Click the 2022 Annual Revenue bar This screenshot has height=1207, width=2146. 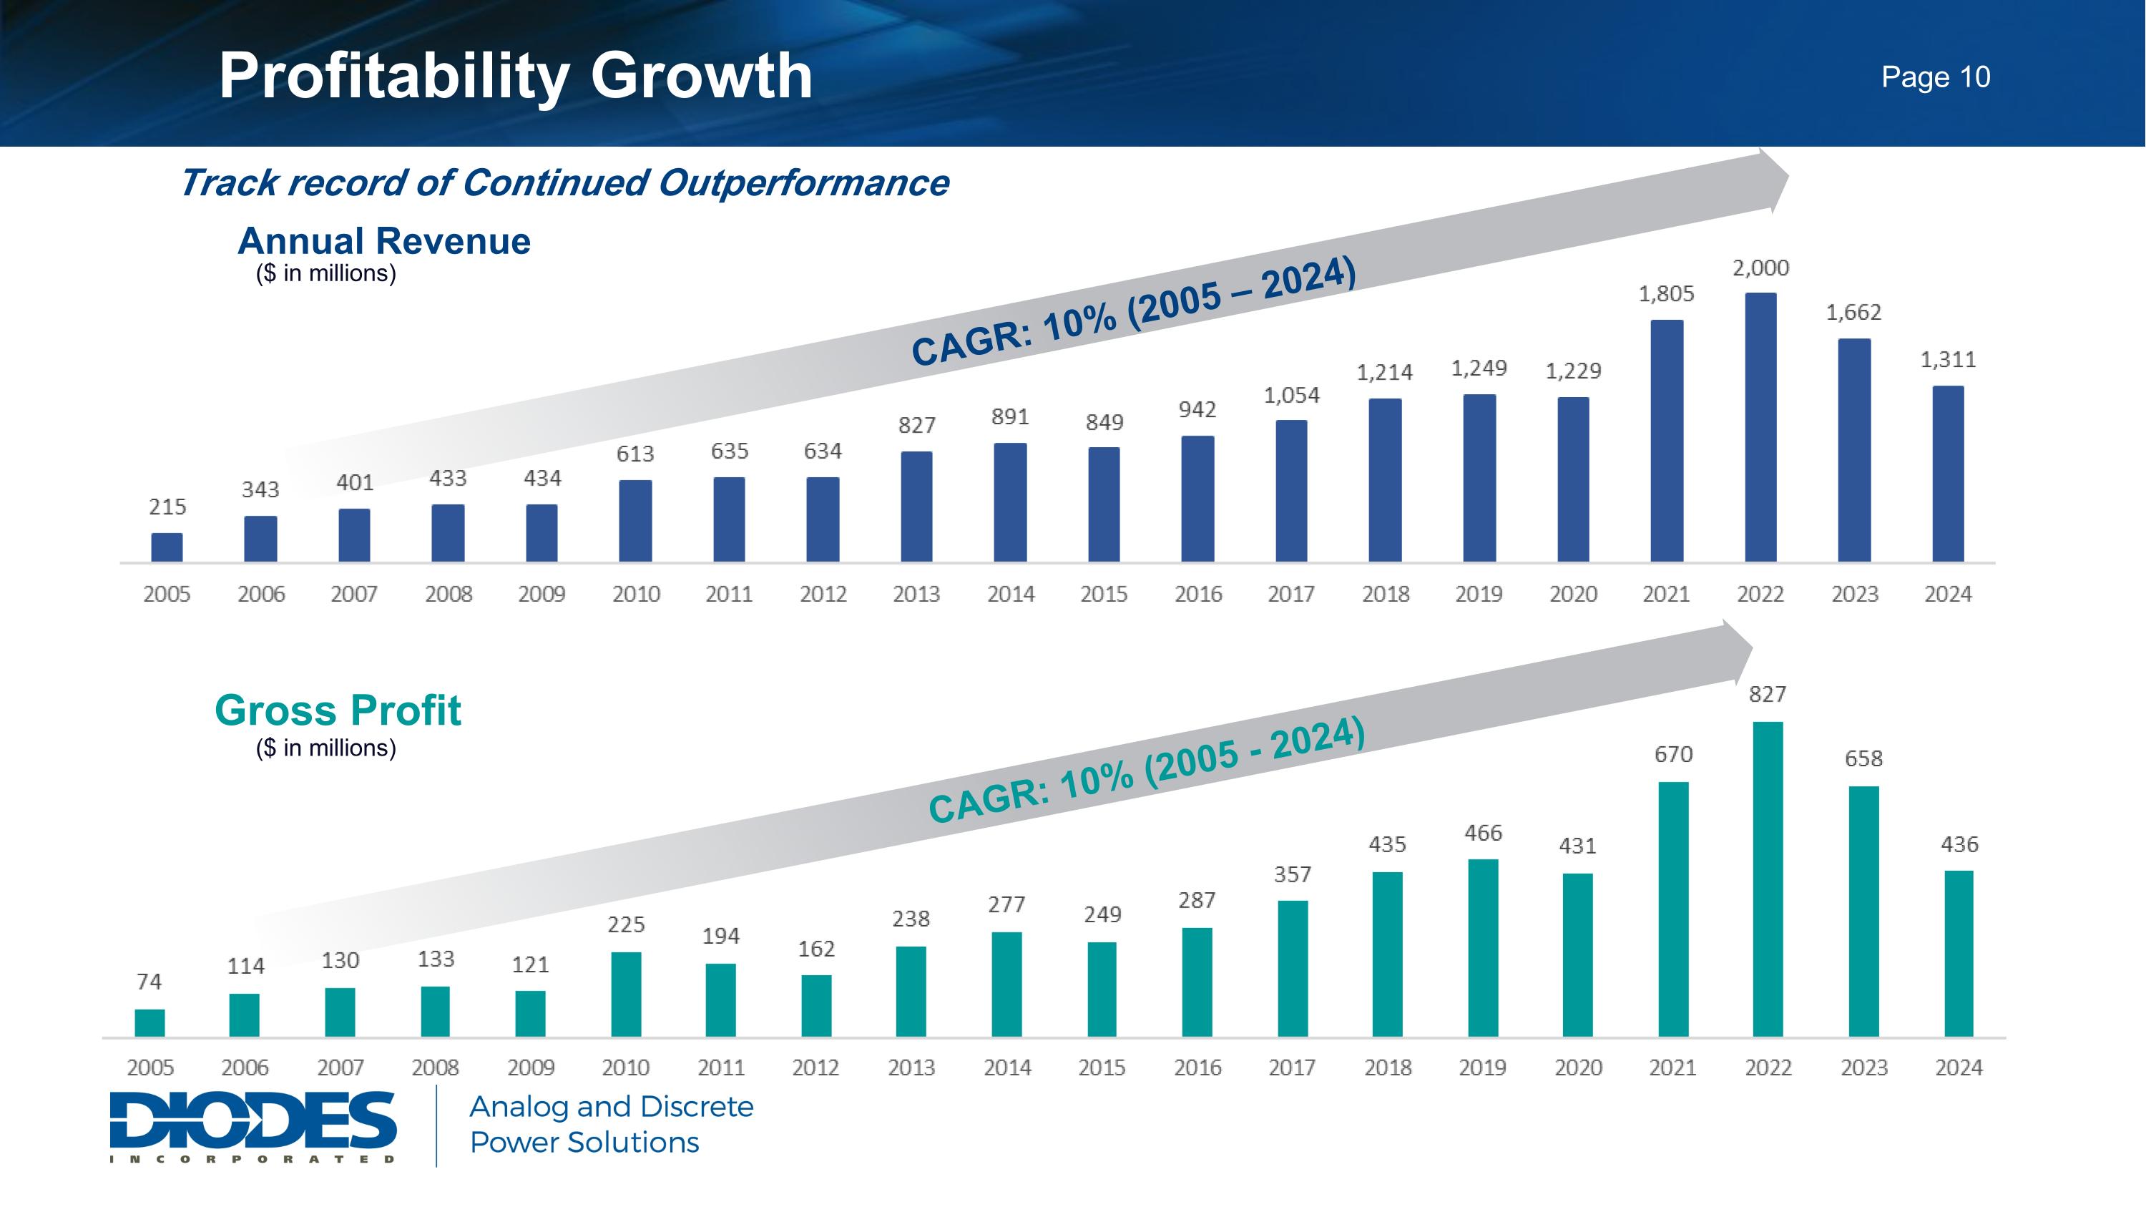point(1760,426)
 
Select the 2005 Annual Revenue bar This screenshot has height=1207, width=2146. point(167,547)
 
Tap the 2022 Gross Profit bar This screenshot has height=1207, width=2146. point(1768,879)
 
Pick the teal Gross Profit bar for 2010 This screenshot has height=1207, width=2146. point(626,994)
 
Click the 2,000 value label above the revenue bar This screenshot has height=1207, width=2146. point(1760,268)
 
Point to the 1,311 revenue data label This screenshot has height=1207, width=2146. point(1948,360)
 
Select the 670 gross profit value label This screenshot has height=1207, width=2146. point(1673,755)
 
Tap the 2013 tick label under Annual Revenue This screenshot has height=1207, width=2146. point(916,595)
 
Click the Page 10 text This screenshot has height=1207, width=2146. point(1935,77)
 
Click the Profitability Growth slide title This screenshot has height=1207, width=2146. point(515,77)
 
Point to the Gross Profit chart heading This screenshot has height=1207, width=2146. point(338,710)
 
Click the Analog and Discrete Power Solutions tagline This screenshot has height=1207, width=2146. point(612,1125)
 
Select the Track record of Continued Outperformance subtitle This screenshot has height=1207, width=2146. point(564,183)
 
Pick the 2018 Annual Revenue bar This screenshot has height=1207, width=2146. point(1385,480)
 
